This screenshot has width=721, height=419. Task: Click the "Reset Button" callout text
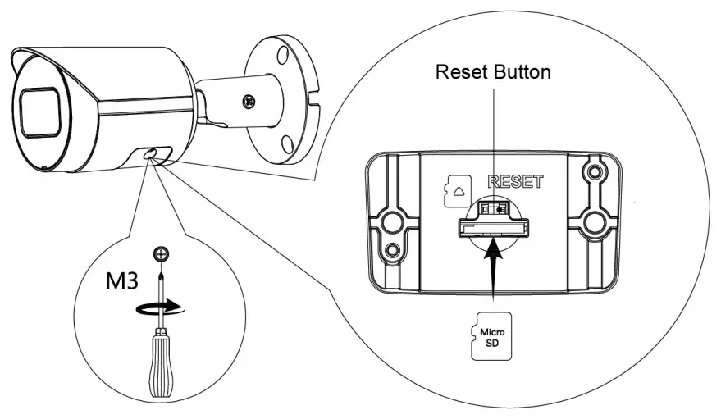point(493,72)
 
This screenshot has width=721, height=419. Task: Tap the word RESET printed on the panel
point(514,182)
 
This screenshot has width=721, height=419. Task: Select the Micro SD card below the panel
point(493,336)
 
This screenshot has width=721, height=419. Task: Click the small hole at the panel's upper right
point(593,174)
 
